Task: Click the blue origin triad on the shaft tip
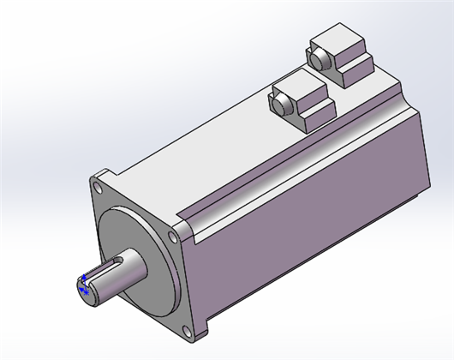(x=83, y=290)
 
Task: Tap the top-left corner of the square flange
(x=92, y=176)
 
